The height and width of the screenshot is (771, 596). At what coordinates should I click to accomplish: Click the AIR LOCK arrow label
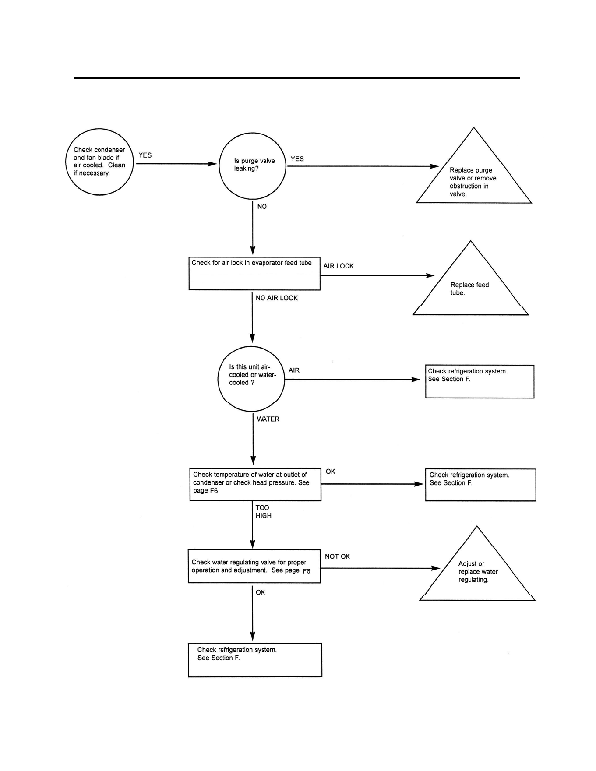[339, 266]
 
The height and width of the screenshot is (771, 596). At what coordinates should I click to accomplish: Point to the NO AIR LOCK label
[277, 298]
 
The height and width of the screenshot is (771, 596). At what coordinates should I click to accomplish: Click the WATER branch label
[268, 419]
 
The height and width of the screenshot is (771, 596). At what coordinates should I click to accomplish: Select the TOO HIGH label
[264, 512]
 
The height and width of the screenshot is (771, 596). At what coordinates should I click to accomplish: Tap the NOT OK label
[337, 556]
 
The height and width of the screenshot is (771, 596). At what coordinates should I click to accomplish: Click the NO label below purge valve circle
[262, 207]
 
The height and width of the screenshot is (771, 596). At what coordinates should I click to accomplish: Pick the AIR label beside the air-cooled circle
[294, 370]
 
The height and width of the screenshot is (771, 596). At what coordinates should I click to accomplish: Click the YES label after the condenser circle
[145, 155]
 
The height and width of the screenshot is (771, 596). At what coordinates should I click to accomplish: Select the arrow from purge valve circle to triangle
[363, 166]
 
